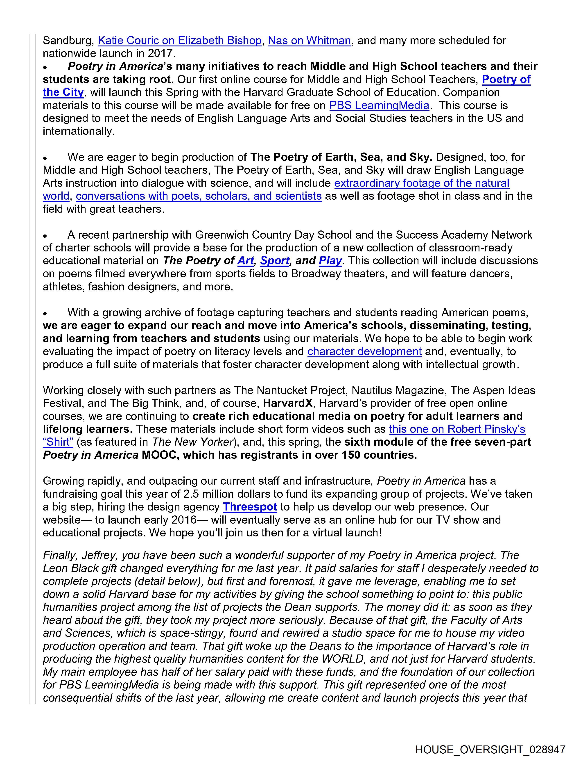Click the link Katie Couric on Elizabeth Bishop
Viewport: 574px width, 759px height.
pyautogui.click(x=180, y=41)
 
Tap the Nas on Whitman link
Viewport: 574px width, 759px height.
pyautogui.click(x=309, y=41)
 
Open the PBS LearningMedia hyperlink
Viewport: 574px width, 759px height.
pyautogui.click(x=379, y=105)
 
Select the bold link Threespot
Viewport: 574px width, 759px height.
pyautogui.click(x=250, y=507)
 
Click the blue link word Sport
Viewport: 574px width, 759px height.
pyautogui.click(x=275, y=261)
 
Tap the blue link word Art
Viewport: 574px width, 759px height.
pyautogui.click(x=246, y=261)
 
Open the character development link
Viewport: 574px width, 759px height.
pyautogui.click(x=364, y=351)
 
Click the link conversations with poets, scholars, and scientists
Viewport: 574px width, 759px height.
pyautogui.click(x=199, y=196)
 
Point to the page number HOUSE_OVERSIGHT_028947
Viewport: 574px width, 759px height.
pyautogui.click(x=490, y=749)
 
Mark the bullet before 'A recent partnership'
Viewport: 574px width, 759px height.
pyautogui.click(x=45, y=236)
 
